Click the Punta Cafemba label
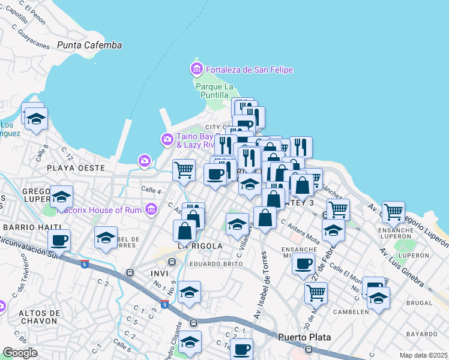89,45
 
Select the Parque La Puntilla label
212,91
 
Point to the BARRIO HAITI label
32,227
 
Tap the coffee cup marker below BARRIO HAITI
59,241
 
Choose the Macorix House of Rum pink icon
151,210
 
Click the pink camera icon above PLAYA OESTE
144,161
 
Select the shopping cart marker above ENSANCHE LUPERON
393,212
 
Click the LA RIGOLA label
200,246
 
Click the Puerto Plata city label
304,337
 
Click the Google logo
20,353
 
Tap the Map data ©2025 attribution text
423,355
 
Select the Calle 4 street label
151,191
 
